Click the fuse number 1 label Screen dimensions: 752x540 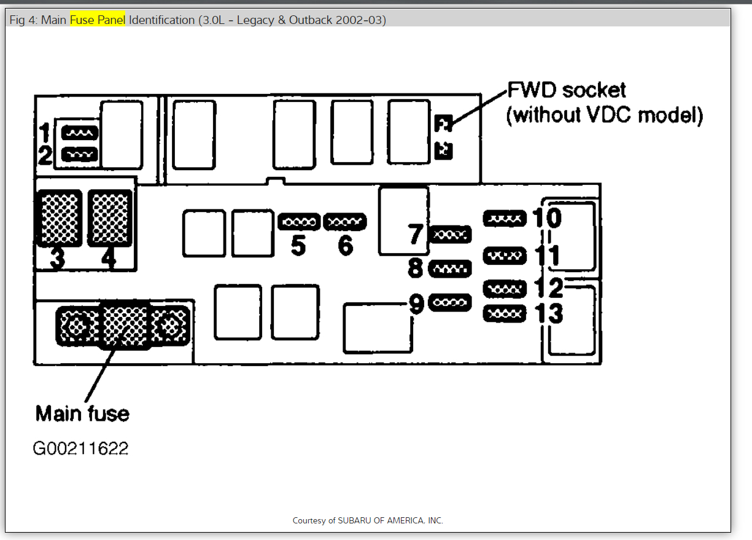44,131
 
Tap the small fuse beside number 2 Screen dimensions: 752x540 80,154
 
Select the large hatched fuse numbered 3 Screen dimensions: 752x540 60,218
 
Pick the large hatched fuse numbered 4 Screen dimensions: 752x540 110,218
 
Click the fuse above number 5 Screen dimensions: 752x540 299,221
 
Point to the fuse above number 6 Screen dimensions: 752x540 344,221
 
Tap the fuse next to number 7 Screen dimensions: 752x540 451,234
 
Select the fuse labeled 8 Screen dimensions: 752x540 450,268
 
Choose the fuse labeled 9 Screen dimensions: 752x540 450,302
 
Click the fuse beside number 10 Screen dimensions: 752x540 505,218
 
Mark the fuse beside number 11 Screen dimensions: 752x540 505,255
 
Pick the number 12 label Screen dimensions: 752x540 548,288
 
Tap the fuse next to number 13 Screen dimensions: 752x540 505,313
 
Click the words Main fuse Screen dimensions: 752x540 82,413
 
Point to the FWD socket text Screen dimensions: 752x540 567,90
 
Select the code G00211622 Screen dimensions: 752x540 80,448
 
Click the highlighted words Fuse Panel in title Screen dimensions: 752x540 97,20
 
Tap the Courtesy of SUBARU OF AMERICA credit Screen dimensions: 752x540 368,520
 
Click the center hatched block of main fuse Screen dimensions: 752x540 125,324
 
